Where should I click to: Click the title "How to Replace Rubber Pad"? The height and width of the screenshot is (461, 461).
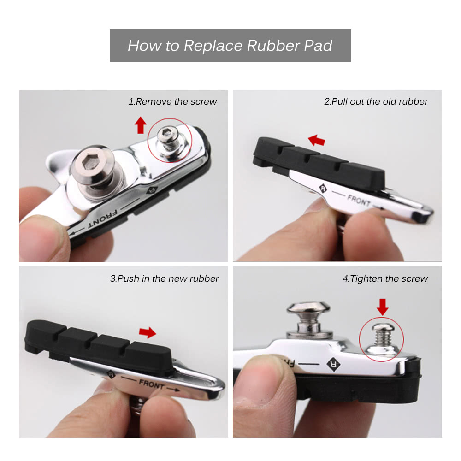point(230,46)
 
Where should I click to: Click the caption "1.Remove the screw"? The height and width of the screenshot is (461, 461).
point(172,101)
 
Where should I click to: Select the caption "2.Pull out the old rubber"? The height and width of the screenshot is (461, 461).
point(376,101)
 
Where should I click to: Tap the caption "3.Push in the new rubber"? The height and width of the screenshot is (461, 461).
point(165,278)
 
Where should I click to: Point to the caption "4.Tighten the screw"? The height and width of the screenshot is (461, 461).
point(385,278)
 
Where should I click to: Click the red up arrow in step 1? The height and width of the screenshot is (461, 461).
point(141,125)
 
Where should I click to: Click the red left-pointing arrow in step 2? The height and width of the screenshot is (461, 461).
point(316,140)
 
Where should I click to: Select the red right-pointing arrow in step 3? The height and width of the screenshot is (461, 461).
point(148,332)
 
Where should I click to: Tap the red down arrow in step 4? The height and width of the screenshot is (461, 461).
point(383,307)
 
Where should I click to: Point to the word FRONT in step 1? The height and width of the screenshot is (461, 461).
point(103,218)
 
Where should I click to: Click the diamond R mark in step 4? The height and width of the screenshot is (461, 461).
point(333,365)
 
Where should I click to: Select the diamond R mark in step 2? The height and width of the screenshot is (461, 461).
point(323,188)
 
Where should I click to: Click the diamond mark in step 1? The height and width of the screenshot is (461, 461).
point(152,190)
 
